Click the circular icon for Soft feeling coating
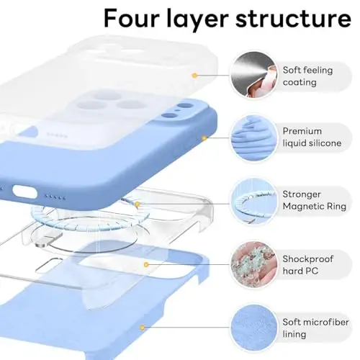tap(252, 75)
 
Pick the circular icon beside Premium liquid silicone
tap(252, 137)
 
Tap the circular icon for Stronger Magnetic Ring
tap(252, 202)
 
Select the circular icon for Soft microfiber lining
tap(252, 328)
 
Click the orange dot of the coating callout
tap(194, 75)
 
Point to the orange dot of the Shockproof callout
tap(147, 265)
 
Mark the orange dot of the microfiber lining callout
tap(195, 328)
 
